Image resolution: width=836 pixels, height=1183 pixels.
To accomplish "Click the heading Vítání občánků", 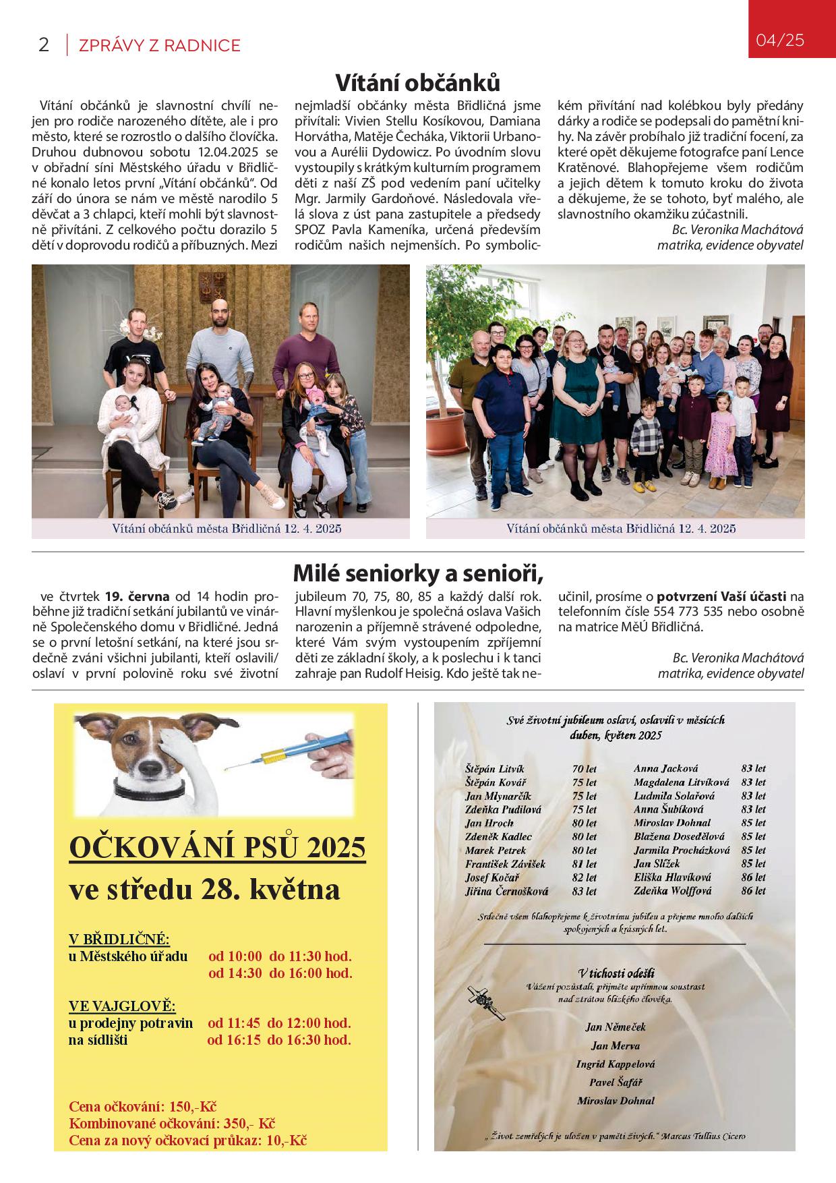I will coord(418,83).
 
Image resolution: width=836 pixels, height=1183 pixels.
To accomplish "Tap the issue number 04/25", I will coord(780,40).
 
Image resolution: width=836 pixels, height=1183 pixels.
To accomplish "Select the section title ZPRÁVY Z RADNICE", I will coord(159,45).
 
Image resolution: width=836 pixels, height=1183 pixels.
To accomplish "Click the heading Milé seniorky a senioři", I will coord(418,574).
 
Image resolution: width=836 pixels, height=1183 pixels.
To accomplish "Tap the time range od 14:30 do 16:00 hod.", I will coord(280,973).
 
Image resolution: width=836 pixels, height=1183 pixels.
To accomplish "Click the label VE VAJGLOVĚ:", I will coord(122,1006).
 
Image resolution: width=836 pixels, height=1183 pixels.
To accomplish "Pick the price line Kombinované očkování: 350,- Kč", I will coord(173,1124).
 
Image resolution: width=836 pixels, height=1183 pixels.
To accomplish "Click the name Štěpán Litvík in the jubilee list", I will coord(494,769).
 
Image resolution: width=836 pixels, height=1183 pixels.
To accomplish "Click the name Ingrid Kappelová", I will coord(616,1064).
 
